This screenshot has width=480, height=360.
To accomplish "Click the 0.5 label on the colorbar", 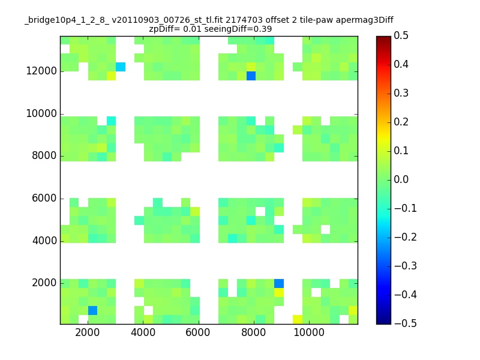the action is [x=401, y=35].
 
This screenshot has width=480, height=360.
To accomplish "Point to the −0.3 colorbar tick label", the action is [x=406, y=266].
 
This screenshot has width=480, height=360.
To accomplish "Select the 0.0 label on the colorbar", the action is [x=401, y=179].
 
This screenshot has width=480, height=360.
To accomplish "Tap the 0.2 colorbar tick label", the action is [x=401, y=122].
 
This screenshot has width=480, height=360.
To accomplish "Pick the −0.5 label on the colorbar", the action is [x=406, y=323].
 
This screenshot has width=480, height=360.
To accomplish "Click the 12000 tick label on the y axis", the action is [x=41, y=71].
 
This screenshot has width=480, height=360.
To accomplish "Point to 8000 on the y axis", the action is [x=44, y=155].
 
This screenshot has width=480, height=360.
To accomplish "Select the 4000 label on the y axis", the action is [x=44, y=241].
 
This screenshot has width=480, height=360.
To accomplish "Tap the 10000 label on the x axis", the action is [x=309, y=332].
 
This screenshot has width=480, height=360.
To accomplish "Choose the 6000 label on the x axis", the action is [x=198, y=332].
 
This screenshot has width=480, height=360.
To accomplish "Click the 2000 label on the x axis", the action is [x=87, y=332].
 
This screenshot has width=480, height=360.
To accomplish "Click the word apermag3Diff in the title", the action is [x=365, y=20].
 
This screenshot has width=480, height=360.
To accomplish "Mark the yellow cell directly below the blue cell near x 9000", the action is [x=279, y=293].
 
